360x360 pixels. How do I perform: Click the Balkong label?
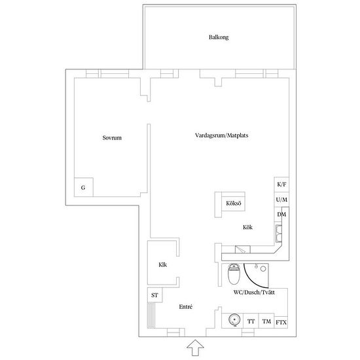[x=219, y=37]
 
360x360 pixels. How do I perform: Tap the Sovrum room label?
[x=112, y=137]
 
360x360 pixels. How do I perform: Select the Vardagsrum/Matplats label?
[x=221, y=135]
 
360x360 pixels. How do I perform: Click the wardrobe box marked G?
[x=84, y=187]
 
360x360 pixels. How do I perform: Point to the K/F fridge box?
[x=281, y=185]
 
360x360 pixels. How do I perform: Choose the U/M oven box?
[x=281, y=200]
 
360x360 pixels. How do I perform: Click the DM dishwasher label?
[x=281, y=215]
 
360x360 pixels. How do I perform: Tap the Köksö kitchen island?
[x=230, y=204]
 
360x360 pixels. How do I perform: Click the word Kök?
[x=247, y=227]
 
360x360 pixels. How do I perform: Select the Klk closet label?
[x=163, y=264]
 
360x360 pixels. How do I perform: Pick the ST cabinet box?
[x=154, y=295]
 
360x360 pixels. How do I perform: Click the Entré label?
[x=186, y=307]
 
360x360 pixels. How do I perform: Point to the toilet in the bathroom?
[x=234, y=274]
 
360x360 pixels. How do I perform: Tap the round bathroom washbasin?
[x=234, y=320]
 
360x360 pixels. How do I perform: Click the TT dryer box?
[x=251, y=321]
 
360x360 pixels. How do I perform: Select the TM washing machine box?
[x=266, y=321]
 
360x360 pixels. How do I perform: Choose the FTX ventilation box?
[x=281, y=322]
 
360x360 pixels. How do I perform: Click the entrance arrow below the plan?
[x=195, y=348]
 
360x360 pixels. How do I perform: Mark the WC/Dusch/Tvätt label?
[x=254, y=293]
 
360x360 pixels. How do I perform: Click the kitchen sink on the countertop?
[x=279, y=233]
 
